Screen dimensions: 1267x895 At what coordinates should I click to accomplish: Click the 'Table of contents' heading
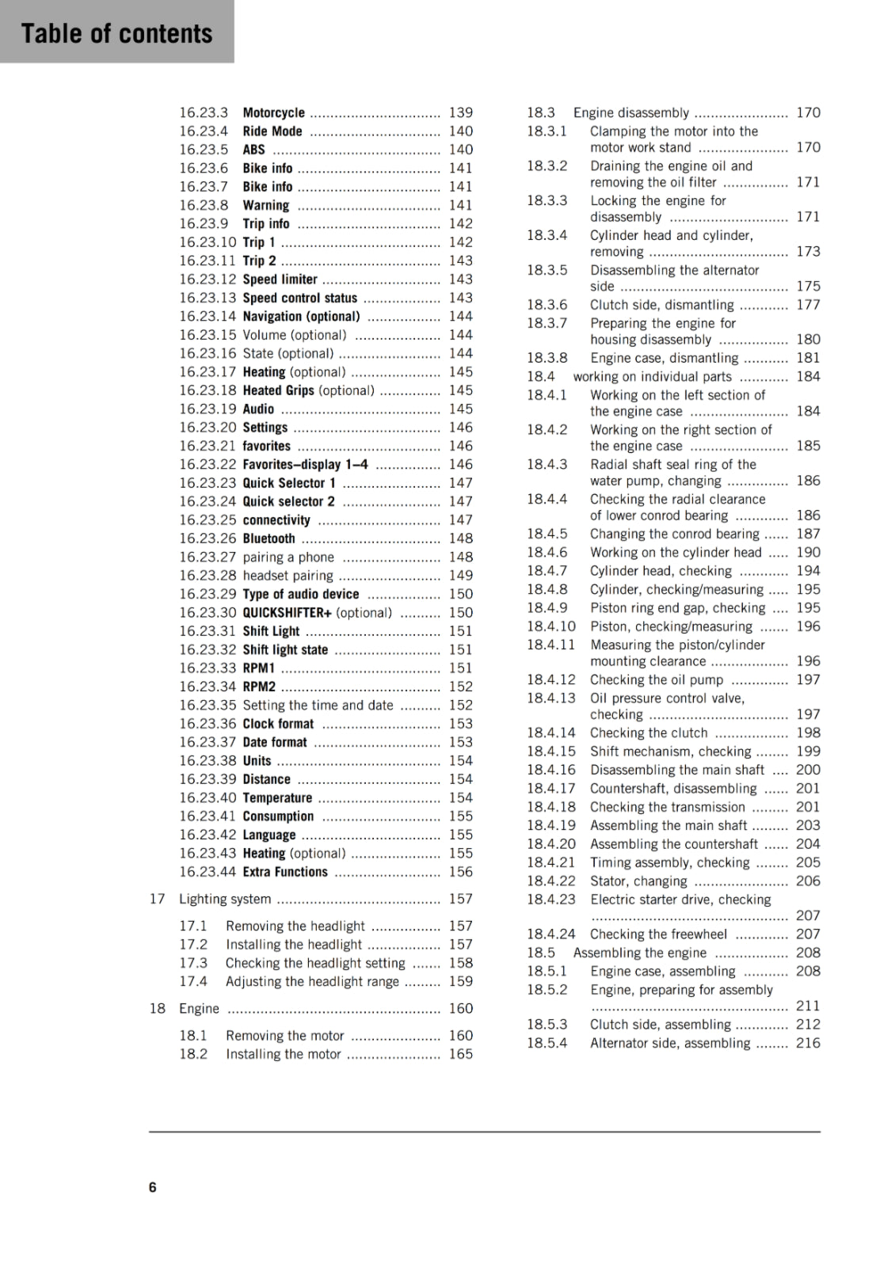(x=116, y=33)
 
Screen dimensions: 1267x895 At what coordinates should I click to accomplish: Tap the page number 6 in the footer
(x=153, y=1187)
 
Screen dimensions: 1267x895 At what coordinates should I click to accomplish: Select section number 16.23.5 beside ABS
(x=203, y=150)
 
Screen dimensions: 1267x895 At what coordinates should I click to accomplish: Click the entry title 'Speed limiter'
(x=280, y=280)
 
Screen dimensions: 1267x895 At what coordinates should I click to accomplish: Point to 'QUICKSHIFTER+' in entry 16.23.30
(x=287, y=613)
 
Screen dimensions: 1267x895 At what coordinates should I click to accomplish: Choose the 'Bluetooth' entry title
(x=268, y=538)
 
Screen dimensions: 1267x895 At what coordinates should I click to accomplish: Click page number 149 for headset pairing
(x=460, y=576)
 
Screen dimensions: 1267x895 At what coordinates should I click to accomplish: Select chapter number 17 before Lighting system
(x=157, y=899)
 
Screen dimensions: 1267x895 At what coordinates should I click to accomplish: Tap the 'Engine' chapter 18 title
(x=199, y=1009)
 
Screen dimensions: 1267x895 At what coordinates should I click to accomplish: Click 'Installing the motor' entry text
(x=283, y=1055)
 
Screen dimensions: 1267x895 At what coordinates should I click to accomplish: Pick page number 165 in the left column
(x=460, y=1055)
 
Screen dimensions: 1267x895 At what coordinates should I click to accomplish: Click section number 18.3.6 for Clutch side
(x=547, y=305)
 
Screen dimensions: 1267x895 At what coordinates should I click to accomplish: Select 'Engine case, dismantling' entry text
(x=664, y=358)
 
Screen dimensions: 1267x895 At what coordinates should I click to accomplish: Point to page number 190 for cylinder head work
(x=808, y=553)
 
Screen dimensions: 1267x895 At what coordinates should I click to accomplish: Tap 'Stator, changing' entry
(x=638, y=881)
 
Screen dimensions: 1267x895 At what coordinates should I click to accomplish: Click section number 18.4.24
(x=551, y=934)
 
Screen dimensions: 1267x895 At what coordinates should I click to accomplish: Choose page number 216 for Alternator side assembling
(x=808, y=1043)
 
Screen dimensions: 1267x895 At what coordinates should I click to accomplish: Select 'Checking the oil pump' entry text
(x=657, y=680)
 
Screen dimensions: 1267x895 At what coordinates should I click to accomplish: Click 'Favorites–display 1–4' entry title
(x=305, y=465)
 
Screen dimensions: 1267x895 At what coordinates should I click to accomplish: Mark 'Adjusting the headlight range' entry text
(x=312, y=982)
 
